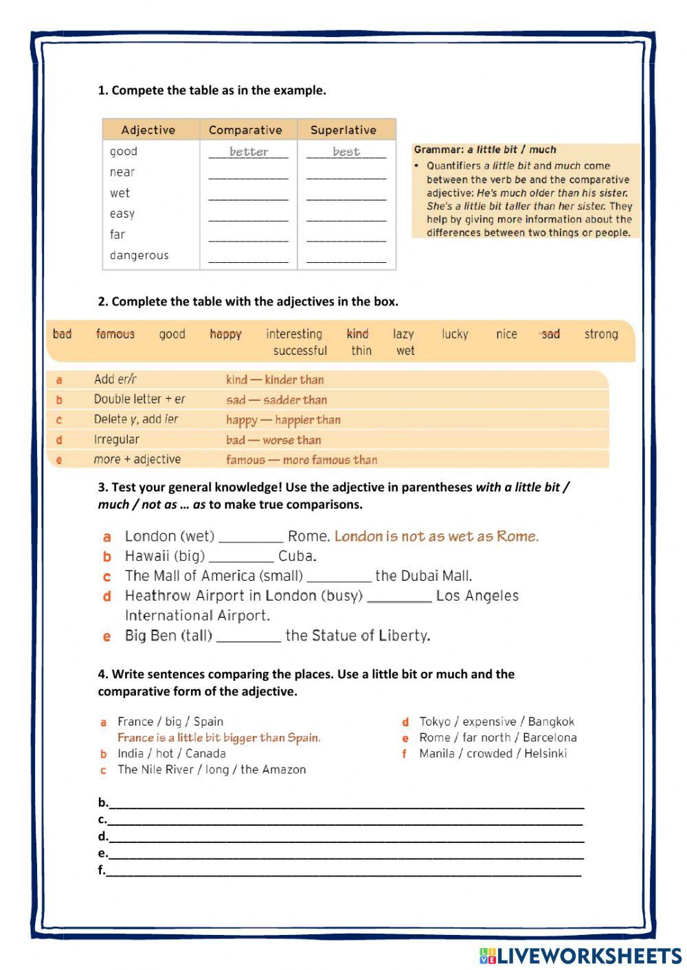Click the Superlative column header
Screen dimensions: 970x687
tap(343, 130)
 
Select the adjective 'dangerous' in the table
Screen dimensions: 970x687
tap(139, 255)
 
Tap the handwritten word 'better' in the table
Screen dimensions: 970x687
tap(249, 152)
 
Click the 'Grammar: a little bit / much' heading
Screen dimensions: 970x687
tap(485, 150)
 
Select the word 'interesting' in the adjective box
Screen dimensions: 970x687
tap(294, 334)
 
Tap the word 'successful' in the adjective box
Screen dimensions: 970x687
tap(300, 351)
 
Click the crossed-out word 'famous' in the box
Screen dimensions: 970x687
tap(115, 334)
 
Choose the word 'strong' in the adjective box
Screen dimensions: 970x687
tap(600, 334)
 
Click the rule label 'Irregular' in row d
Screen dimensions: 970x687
tap(116, 439)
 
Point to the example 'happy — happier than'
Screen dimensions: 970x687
tap(283, 420)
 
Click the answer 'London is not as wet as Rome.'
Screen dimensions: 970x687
tap(436, 537)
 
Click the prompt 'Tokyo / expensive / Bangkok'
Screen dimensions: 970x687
tap(496, 721)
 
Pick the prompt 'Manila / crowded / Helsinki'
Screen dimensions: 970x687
tap(493, 754)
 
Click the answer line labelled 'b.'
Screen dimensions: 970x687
tap(343, 803)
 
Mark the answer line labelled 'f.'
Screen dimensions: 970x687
tap(343, 871)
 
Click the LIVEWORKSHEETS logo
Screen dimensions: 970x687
tap(580, 956)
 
